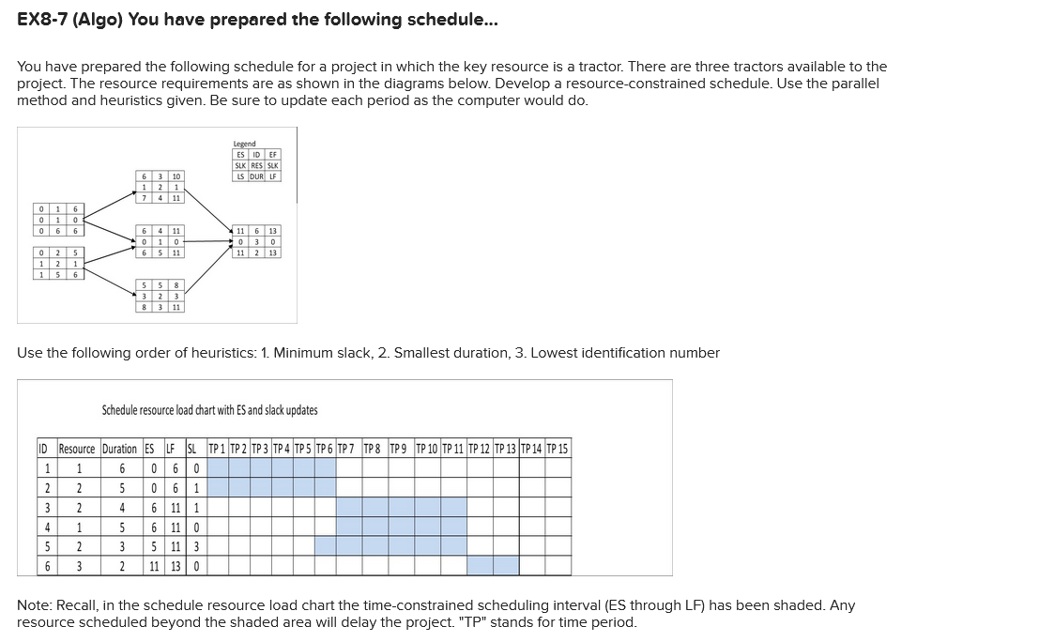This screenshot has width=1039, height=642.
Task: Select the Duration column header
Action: coord(119,449)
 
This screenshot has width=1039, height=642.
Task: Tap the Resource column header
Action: coord(77,449)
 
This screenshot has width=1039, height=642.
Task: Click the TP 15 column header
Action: coord(558,449)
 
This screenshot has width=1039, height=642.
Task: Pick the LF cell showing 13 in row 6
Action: coord(174,566)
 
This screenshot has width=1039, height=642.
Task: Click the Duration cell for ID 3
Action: coord(119,507)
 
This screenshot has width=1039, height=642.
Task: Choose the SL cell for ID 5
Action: coord(195,546)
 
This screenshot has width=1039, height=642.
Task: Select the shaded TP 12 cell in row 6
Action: coord(480,566)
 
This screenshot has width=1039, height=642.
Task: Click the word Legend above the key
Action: coord(244,144)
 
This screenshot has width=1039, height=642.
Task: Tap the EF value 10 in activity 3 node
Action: coord(176,176)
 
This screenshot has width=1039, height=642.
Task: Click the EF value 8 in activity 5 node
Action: coord(176,285)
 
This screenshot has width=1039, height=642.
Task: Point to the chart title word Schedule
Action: coord(121,410)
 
